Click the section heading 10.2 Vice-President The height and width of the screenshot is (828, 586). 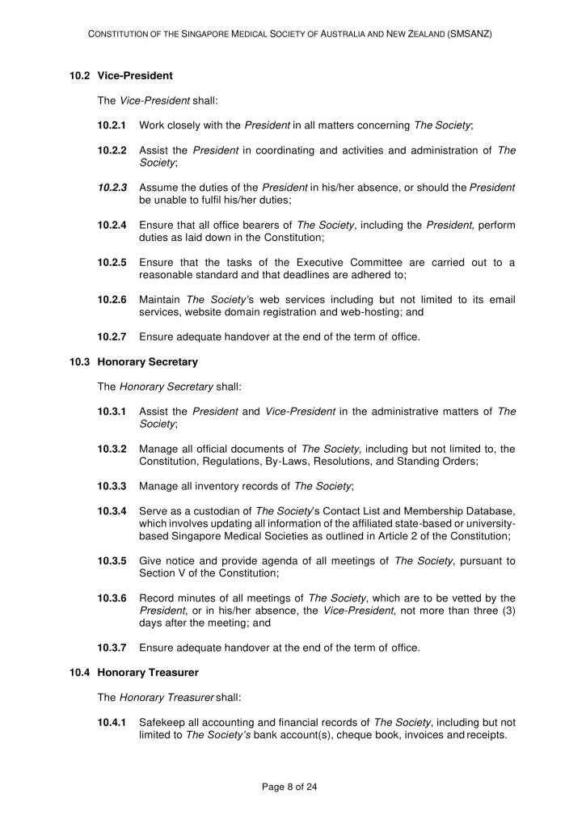pos(121,76)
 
